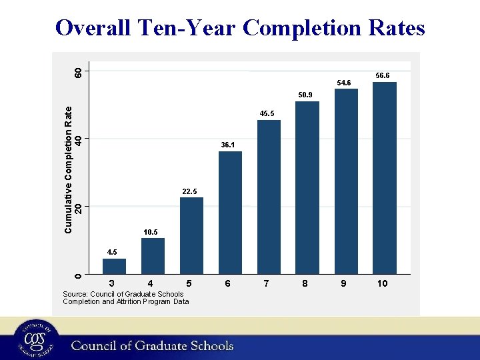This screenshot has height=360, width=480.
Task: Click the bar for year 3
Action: click(114, 266)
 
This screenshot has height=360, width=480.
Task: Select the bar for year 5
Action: click(191, 235)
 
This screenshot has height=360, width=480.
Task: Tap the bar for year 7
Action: click(269, 197)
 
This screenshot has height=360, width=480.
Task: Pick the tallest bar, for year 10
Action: click(385, 177)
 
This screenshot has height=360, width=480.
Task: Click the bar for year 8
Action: click(307, 187)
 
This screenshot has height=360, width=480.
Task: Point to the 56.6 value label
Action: click(383, 76)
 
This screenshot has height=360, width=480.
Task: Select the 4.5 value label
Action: click(113, 253)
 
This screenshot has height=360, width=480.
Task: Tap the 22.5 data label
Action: click(190, 192)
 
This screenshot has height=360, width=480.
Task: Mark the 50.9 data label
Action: click(305, 95)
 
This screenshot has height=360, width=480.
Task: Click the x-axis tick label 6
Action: click(228, 284)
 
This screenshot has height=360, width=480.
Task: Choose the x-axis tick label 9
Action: click(343, 284)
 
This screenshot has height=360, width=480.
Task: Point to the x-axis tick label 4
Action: click(151, 284)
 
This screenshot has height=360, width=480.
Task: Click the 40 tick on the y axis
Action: click(79, 139)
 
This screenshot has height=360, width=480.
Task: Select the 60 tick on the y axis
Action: click(79, 71)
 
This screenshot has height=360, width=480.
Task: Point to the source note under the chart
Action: click(125, 297)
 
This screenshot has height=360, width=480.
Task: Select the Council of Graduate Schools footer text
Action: click(153, 345)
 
